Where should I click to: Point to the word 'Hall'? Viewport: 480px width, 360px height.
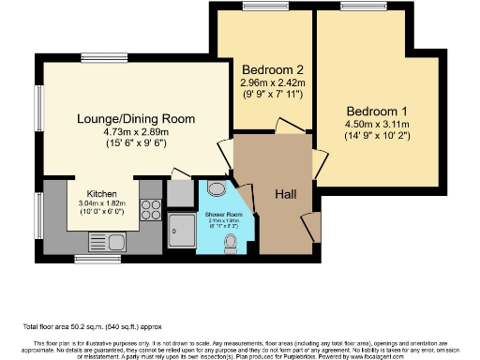coord(286,194)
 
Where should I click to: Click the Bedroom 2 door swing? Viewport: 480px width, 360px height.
coord(287,127)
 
